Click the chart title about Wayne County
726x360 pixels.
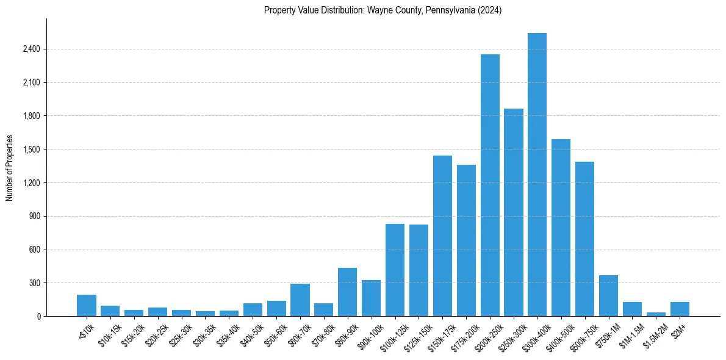click(x=383, y=10)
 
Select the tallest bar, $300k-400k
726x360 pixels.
click(x=537, y=175)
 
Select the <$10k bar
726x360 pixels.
click(x=87, y=306)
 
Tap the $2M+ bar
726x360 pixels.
click(x=680, y=309)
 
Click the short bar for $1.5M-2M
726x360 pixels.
click(x=656, y=314)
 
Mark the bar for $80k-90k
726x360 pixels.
click(x=347, y=292)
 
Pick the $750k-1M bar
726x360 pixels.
click(x=608, y=296)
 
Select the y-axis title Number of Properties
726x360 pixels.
click(x=10, y=168)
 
